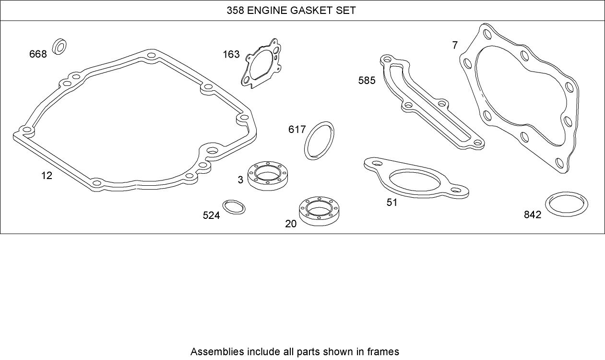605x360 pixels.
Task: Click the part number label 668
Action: pos(38,54)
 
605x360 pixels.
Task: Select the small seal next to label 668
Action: pos(60,46)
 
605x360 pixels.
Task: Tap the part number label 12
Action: pos(47,176)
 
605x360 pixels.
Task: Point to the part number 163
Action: pos(231,54)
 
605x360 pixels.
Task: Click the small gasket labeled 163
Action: pos(261,64)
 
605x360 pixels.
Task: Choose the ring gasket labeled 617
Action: pos(319,140)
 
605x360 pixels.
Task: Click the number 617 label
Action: pos(297,130)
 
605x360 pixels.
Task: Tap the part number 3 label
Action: pos(240,180)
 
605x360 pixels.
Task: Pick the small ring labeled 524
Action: pos(234,207)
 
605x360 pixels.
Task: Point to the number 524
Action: pos(211,216)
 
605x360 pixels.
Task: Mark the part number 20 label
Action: pos(291,223)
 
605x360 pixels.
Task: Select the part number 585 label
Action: pos(367,80)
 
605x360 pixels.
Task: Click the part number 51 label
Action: pos(392,202)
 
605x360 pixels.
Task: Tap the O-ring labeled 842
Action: pos(567,205)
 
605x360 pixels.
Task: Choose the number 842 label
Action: pos(533,215)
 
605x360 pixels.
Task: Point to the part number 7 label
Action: pos(455,46)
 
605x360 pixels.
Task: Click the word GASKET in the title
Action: pos(313,10)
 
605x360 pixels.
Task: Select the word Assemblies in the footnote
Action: pos(217,351)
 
